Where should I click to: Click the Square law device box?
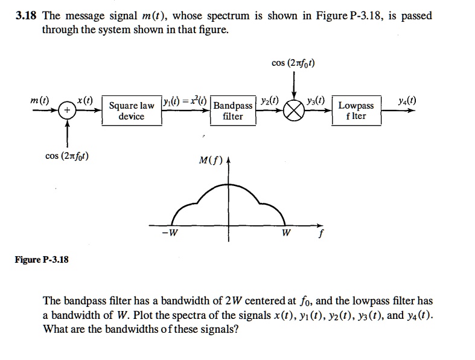[132, 111]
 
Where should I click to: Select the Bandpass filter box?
[233, 111]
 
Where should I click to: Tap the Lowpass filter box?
[356, 111]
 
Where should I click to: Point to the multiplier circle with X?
[294, 111]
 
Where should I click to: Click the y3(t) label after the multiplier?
[316, 100]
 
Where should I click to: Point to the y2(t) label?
[270, 100]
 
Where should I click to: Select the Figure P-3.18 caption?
[42, 260]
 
